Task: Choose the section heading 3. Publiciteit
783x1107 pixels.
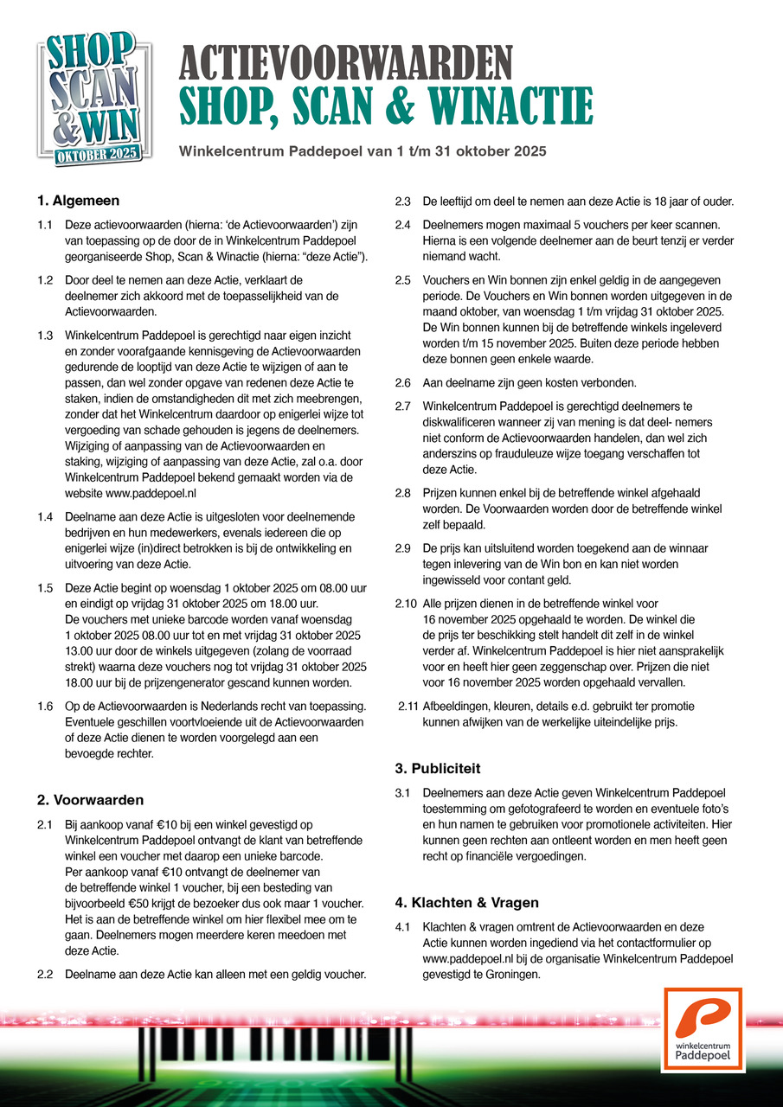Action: click(x=438, y=768)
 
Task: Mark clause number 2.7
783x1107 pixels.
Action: click(x=403, y=406)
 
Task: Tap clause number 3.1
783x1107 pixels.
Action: click(x=403, y=792)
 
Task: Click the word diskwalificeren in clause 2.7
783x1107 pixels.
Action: click(x=463, y=420)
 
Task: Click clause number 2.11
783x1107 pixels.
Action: click(x=407, y=706)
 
